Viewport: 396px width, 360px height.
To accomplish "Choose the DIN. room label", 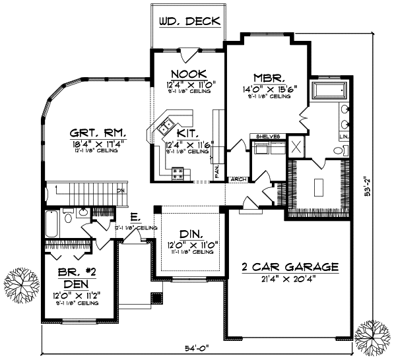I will point(189,234).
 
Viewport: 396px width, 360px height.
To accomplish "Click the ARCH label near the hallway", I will point(237,179).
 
